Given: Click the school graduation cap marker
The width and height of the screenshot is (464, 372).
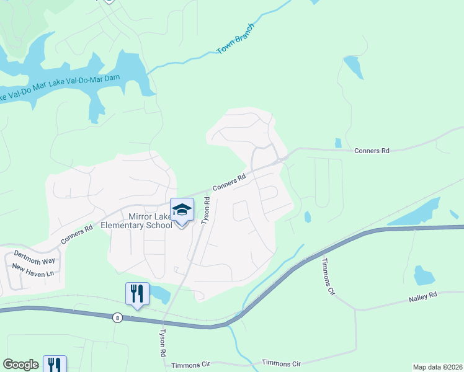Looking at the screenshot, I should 182,210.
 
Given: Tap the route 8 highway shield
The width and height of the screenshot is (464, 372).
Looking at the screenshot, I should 117,318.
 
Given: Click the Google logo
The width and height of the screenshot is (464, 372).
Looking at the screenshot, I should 20,365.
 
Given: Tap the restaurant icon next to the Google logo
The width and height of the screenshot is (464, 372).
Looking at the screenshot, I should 55,364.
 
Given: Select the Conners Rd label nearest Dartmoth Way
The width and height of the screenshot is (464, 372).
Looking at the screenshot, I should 77,233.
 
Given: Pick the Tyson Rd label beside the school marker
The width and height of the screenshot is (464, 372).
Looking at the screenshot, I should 206,211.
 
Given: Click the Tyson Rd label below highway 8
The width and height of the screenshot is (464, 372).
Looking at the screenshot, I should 163,342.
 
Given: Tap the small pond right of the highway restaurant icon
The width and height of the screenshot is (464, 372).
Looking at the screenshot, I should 159,293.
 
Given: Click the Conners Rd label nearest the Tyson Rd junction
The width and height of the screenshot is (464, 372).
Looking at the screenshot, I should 230,181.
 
